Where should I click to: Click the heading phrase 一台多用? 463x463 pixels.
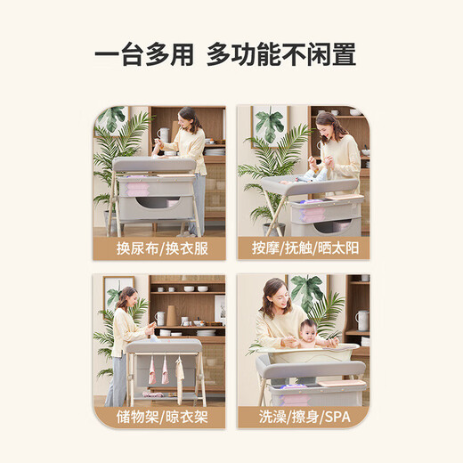[x=143, y=55]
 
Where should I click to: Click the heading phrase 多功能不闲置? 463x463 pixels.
[x=281, y=55]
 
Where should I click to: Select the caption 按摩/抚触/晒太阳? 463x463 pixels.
[x=304, y=247]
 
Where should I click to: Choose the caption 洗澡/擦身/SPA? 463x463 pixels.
[x=304, y=416]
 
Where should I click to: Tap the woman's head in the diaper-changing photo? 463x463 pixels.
[x=189, y=116]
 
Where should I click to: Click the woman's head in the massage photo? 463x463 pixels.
[x=329, y=123]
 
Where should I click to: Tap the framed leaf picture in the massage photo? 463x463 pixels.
[x=269, y=125]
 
